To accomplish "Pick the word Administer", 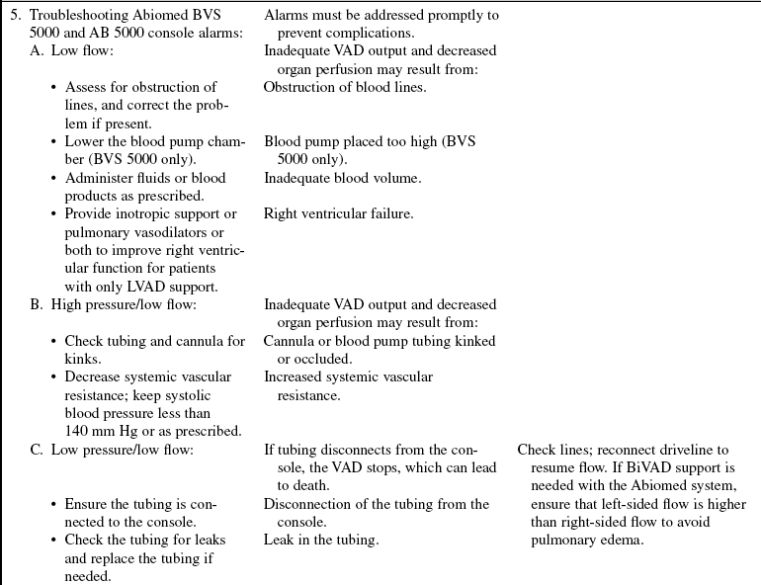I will (103, 178).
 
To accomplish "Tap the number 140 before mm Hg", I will (77, 431).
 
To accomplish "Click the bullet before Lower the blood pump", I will (53, 142).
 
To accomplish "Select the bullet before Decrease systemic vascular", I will (53, 377).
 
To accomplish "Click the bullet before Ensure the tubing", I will (53, 504).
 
